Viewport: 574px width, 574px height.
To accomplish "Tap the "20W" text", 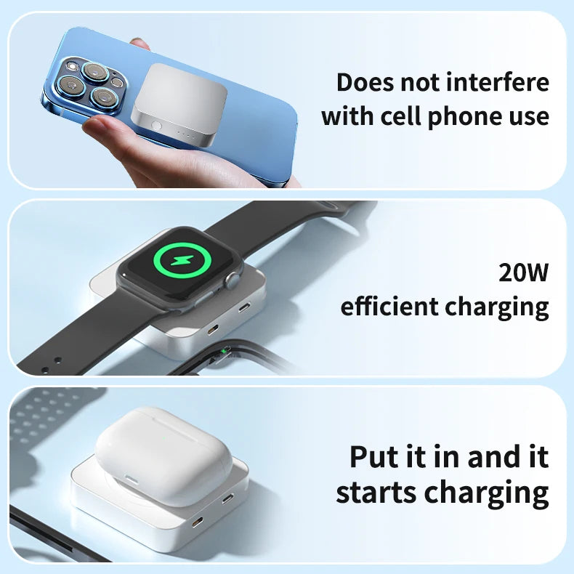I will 523,273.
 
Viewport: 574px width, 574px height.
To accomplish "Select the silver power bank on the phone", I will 175,105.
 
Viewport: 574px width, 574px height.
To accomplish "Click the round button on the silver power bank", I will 156,125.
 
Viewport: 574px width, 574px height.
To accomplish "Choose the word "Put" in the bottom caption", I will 379,458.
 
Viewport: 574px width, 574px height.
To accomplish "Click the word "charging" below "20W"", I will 497,308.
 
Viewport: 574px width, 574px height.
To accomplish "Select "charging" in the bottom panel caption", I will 487,493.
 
